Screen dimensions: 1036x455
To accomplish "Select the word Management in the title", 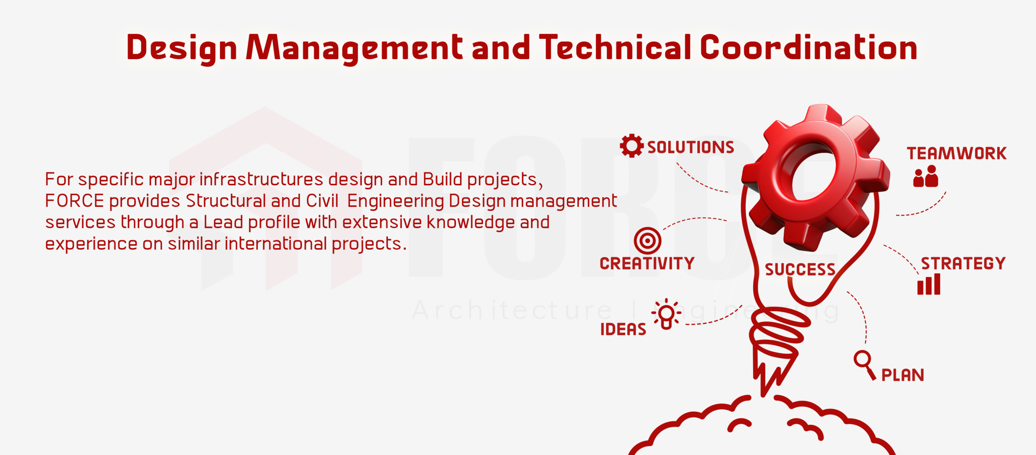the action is (x=354, y=49).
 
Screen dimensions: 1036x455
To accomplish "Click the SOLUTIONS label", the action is (x=690, y=147).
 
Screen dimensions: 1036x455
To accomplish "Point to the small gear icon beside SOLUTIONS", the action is (x=631, y=146).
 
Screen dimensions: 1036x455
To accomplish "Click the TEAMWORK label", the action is (x=957, y=153).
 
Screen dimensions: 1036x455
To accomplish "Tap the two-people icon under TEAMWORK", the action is (x=926, y=176).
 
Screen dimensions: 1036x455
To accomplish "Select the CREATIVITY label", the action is (x=647, y=264).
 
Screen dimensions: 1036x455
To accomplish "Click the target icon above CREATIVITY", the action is (x=647, y=241).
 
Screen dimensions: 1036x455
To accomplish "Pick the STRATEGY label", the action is (x=963, y=264).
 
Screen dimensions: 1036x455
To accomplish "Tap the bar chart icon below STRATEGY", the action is (x=929, y=285).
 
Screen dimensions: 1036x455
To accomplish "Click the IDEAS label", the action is (x=623, y=330).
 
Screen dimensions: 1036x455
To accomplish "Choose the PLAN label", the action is (x=903, y=375).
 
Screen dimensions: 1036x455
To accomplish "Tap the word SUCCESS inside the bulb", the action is (x=800, y=270).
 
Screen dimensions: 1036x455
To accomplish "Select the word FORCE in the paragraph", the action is (x=74, y=201).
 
